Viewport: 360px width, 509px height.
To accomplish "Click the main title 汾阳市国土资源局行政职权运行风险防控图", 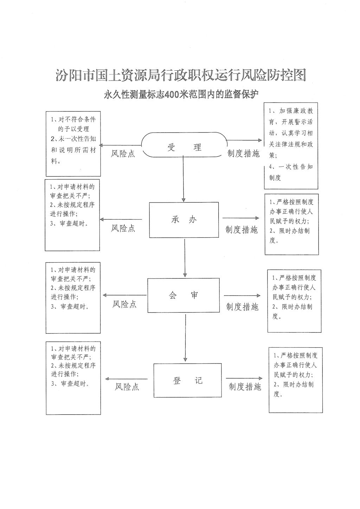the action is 181,75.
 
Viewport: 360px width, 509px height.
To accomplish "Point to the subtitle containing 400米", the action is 181,95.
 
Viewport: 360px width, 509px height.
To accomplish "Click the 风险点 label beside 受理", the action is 123,154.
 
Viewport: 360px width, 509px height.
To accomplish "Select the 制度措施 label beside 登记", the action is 245,387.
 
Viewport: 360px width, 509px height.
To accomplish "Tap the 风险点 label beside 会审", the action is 124,304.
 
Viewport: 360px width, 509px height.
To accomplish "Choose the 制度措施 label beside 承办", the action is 242,230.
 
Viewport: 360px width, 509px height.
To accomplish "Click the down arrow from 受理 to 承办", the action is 184,179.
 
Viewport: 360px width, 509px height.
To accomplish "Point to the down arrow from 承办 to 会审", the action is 185,258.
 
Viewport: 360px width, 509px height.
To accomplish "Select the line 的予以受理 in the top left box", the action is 73,129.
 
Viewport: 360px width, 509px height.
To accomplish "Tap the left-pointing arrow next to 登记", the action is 126,379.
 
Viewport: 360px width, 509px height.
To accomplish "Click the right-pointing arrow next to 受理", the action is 245,140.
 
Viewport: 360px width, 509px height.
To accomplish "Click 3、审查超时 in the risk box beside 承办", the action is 69,224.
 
